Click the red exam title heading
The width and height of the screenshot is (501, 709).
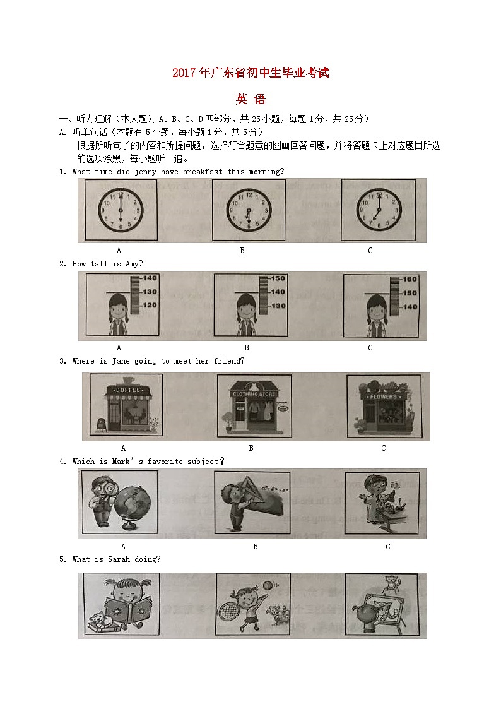point(250,74)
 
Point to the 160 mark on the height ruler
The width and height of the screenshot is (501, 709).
point(410,279)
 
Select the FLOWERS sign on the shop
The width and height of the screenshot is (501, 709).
point(383,396)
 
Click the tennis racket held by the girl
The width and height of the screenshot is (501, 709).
point(246,608)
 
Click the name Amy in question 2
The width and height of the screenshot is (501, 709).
point(132,264)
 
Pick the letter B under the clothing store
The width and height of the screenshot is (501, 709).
point(251,448)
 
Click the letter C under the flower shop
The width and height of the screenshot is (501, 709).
point(384,448)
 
